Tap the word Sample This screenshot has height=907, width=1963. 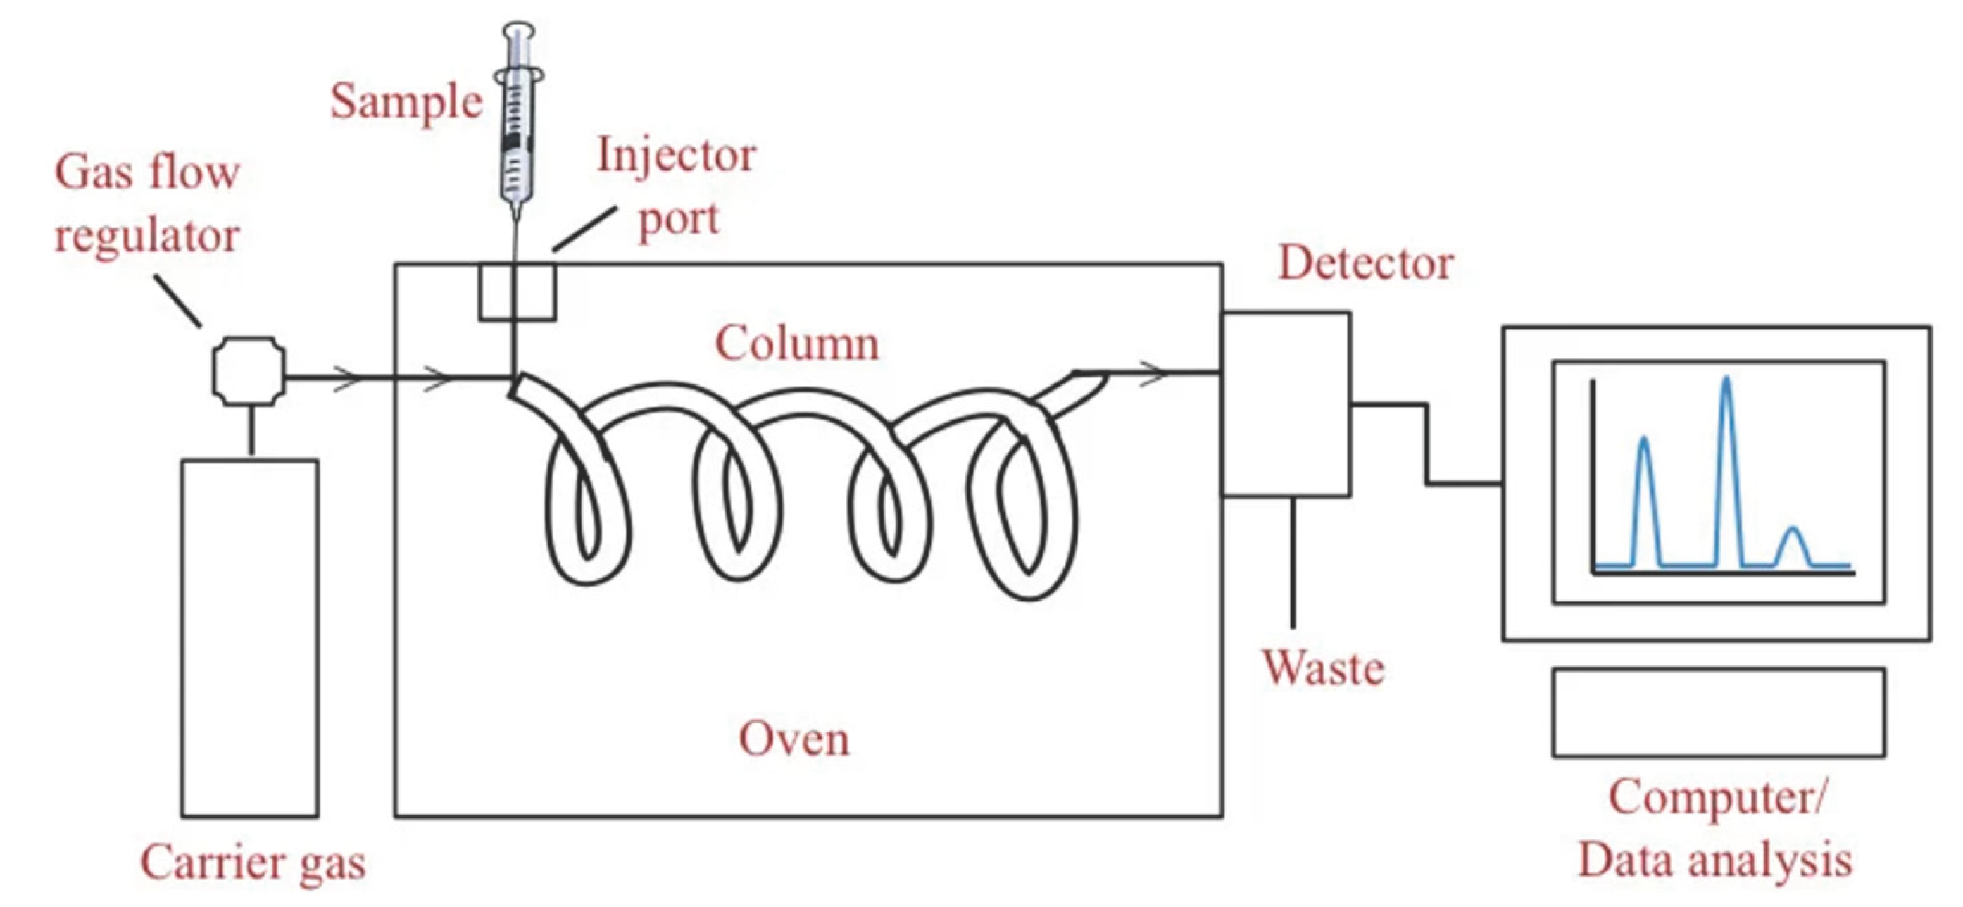406,104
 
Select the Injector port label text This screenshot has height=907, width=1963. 677,187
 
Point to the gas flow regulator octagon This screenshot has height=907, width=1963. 249,372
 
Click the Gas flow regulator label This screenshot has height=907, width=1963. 147,204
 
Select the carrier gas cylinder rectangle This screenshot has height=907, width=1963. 250,638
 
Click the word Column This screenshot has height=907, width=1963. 797,343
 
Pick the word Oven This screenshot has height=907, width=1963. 794,739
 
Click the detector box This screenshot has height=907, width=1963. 1286,404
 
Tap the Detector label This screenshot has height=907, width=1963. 1365,263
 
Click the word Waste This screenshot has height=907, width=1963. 1324,668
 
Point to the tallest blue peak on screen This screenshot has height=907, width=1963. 1726,379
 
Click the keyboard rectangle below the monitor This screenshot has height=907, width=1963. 1719,713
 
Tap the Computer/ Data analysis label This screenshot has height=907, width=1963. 1714,830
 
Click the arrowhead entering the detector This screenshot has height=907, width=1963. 1155,373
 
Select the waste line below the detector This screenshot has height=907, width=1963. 1293,562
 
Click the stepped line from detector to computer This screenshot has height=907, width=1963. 1426,444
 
